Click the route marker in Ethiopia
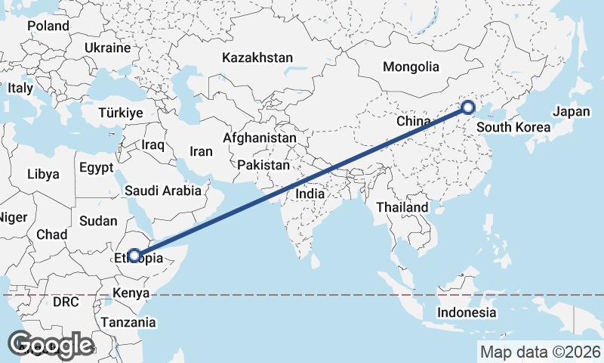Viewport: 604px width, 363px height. tap(134, 256)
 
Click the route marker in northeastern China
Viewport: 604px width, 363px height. tap(468, 108)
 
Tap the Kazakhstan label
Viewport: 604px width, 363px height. tap(257, 57)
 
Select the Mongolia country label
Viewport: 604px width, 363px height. tap(411, 67)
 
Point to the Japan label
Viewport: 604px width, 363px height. tap(571, 111)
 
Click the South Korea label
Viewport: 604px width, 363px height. tap(514, 127)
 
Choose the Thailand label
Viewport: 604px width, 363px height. tap(403, 207)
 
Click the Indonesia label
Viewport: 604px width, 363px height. tap(467, 312)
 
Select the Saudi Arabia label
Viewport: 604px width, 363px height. tap(163, 191)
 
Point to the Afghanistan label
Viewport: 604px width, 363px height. tap(259, 138)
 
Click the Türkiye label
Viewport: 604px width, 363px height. tap(121, 113)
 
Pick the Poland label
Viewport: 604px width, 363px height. tap(48, 26)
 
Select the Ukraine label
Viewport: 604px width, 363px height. tap(107, 47)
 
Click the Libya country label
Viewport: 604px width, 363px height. tap(42, 174)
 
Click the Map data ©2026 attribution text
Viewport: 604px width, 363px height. tap(540, 352)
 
